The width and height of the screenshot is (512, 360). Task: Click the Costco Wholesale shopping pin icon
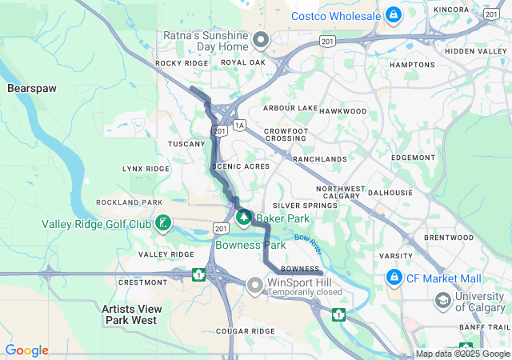393,14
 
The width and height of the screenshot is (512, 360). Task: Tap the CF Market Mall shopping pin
394,278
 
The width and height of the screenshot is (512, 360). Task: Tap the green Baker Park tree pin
244,216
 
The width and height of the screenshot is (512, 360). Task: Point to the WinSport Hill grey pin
255,284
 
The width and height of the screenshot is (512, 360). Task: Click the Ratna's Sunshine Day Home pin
260,39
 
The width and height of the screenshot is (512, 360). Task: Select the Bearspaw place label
31,87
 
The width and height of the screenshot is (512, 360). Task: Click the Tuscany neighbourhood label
186,144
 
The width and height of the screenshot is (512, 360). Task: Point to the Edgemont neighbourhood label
413,158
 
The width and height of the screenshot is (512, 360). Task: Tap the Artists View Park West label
131,314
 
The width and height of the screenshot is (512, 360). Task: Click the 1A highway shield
239,125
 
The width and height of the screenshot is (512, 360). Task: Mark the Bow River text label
306,238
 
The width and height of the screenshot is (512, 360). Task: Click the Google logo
26,350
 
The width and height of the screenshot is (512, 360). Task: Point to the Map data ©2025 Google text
462,354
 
